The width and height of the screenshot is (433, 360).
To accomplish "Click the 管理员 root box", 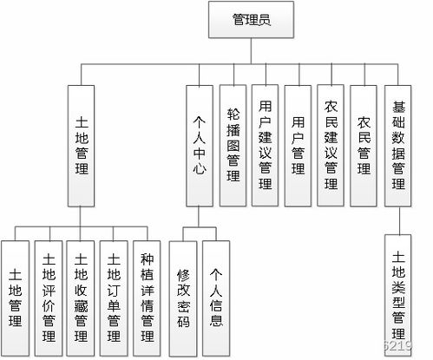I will click(x=252, y=20).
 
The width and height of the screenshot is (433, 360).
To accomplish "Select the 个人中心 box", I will click(x=199, y=145).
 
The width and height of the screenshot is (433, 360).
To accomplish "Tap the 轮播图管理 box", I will click(x=232, y=145).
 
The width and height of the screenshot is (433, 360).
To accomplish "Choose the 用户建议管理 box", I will click(x=265, y=145).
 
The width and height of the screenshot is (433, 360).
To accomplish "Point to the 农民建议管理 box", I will click(x=331, y=145).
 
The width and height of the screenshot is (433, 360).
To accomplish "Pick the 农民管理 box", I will click(x=364, y=145).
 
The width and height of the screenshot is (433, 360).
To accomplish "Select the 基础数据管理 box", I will click(x=397, y=145).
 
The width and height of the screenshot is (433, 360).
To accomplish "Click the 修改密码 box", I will click(x=182, y=294).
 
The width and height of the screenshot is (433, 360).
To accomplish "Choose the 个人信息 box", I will click(x=216, y=294).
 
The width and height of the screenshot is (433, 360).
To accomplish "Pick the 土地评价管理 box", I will click(x=49, y=294).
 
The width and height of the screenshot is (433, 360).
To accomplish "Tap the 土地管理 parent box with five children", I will click(x=82, y=145).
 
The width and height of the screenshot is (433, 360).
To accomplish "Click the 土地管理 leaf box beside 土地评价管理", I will click(x=16, y=294).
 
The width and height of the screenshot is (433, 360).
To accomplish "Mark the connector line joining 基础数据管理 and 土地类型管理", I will click(x=397, y=220).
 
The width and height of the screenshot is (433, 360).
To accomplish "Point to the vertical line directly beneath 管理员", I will click(x=252, y=50).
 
